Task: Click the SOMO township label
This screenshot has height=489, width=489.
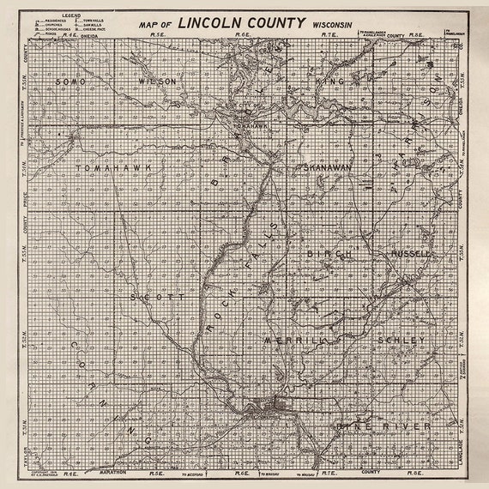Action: tap(69, 81)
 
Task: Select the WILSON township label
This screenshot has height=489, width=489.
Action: tap(158, 81)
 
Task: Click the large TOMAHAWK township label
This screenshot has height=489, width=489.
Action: tap(107, 168)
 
